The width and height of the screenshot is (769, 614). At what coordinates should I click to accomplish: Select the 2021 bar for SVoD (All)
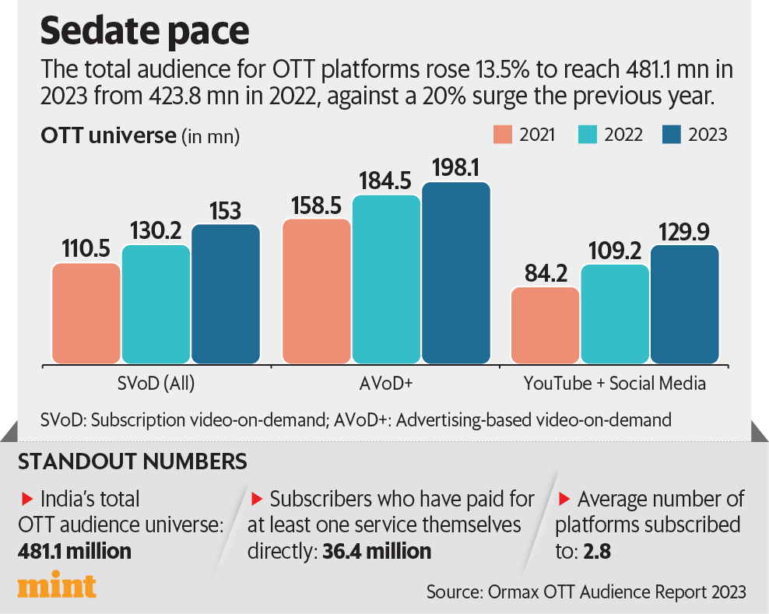point(86,314)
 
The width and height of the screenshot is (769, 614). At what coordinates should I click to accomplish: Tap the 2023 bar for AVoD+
point(456,273)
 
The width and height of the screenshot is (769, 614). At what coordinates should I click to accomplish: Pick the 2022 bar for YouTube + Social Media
point(615,314)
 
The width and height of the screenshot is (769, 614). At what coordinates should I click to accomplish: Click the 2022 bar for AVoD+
point(386,279)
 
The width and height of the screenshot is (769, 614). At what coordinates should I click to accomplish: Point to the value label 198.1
point(456,166)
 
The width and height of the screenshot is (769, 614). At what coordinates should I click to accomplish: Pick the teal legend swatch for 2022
point(588,134)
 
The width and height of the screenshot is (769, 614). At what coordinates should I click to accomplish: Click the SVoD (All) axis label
point(156,383)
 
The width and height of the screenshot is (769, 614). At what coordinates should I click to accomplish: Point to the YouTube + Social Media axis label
point(615,383)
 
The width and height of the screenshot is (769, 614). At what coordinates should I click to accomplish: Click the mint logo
point(57,586)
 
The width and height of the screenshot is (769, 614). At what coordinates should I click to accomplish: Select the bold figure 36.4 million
point(377,551)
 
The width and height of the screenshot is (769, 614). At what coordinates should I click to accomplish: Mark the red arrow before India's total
point(26,498)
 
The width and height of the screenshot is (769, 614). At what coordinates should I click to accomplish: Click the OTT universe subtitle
point(109,135)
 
